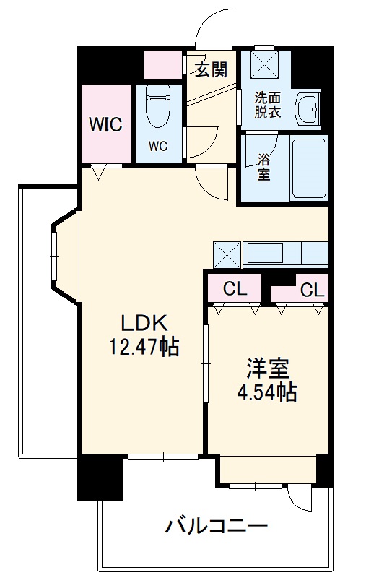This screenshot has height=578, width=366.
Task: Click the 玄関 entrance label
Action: coord(212,69)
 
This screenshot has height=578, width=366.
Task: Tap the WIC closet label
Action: coord(105,124)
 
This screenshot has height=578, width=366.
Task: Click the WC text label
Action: coord(158,146)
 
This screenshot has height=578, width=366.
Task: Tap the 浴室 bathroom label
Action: coord(264,168)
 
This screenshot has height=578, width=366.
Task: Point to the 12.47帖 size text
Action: coord(144,348)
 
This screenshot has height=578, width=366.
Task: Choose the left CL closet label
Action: coord(235,290)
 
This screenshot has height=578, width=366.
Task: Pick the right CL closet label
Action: coord(312,290)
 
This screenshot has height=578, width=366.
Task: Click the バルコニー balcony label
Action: coord(217,525)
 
